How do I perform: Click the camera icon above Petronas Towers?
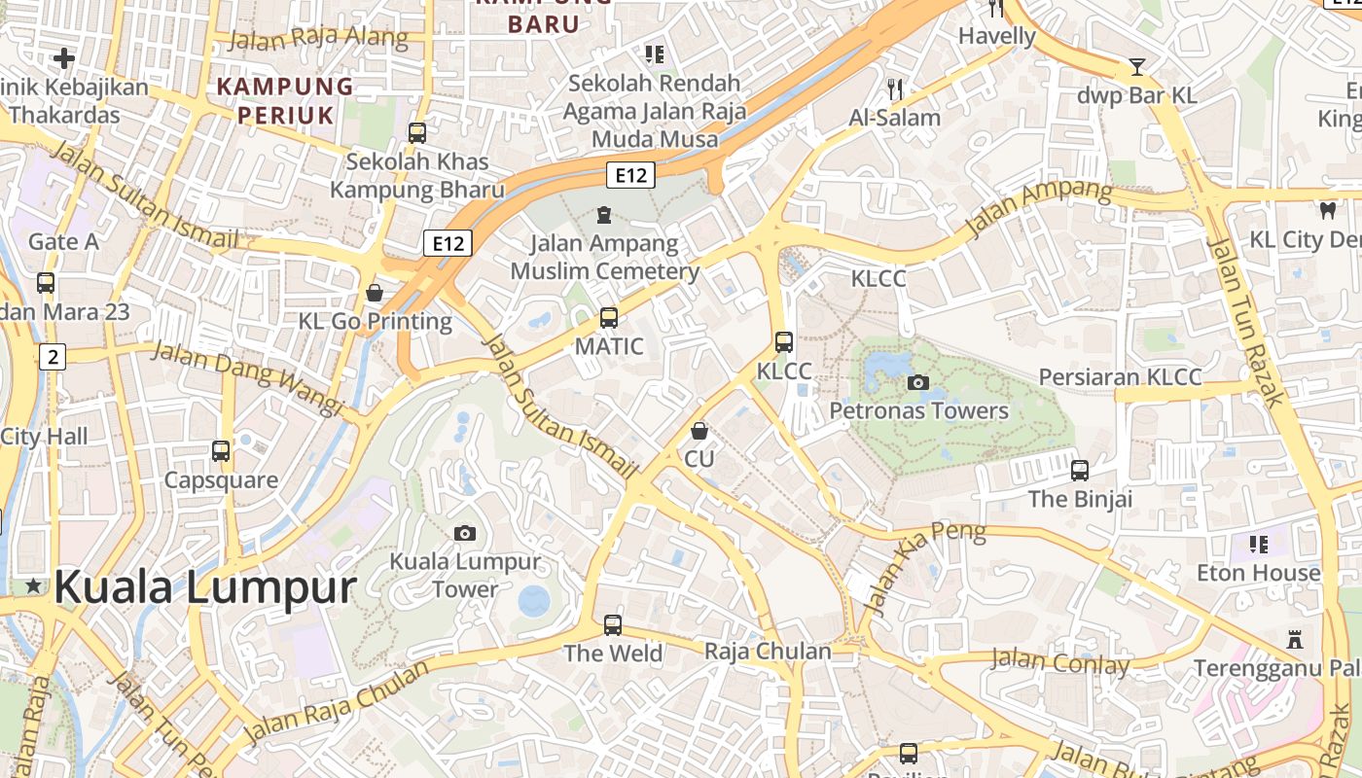click(917, 382)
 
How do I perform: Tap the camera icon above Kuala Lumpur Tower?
click(465, 533)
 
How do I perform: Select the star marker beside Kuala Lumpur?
click(34, 585)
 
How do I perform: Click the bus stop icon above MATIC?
click(609, 317)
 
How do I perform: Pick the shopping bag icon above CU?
click(699, 430)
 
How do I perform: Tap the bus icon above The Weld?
click(613, 624)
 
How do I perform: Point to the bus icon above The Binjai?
click(1080, 471)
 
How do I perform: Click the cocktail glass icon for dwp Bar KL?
click(1136, 67)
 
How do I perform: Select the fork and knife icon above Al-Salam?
click(895, 89)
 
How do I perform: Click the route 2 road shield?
click(53, 357)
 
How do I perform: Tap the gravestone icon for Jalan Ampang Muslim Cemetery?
click(604, 214)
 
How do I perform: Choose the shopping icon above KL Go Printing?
click(375, 292)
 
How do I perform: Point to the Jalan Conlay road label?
click(1059, 662)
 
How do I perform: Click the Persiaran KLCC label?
click(1120, 377)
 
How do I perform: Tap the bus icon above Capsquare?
click(221, 451)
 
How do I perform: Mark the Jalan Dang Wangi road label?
click(247, 377)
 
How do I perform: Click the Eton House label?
click(1259, 573)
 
